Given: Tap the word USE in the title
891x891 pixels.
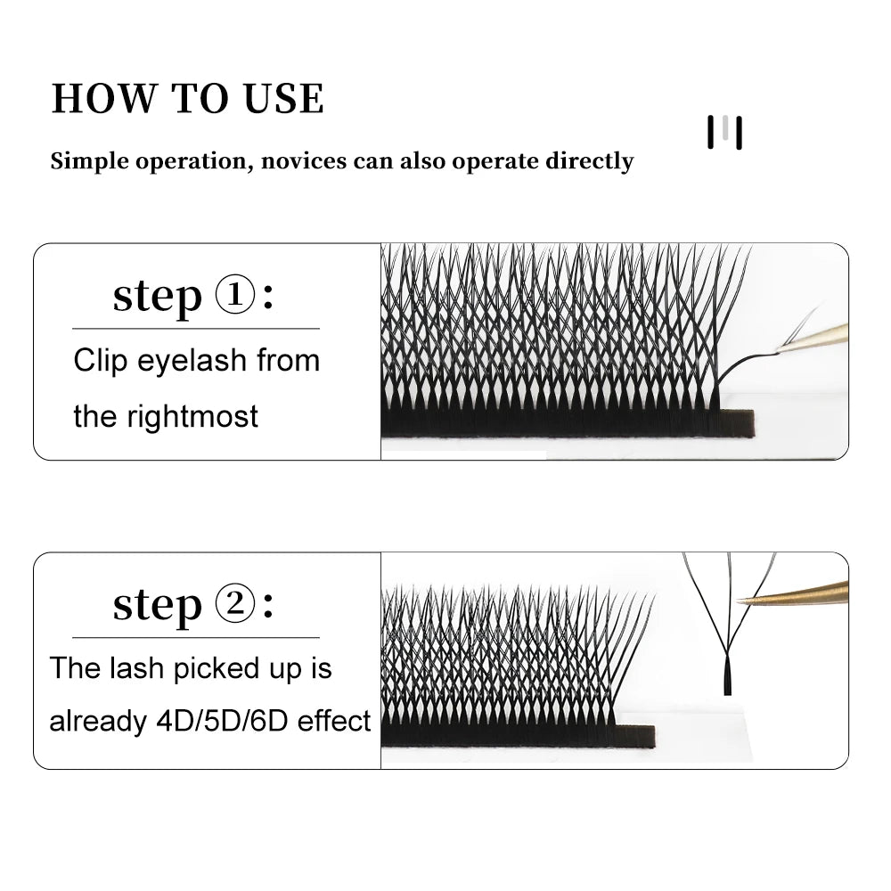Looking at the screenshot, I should click(x=281, y=98).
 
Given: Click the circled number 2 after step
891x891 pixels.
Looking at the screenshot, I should click(x=236, y=606).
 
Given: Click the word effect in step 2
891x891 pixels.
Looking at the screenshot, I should click(x=334, y=721).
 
